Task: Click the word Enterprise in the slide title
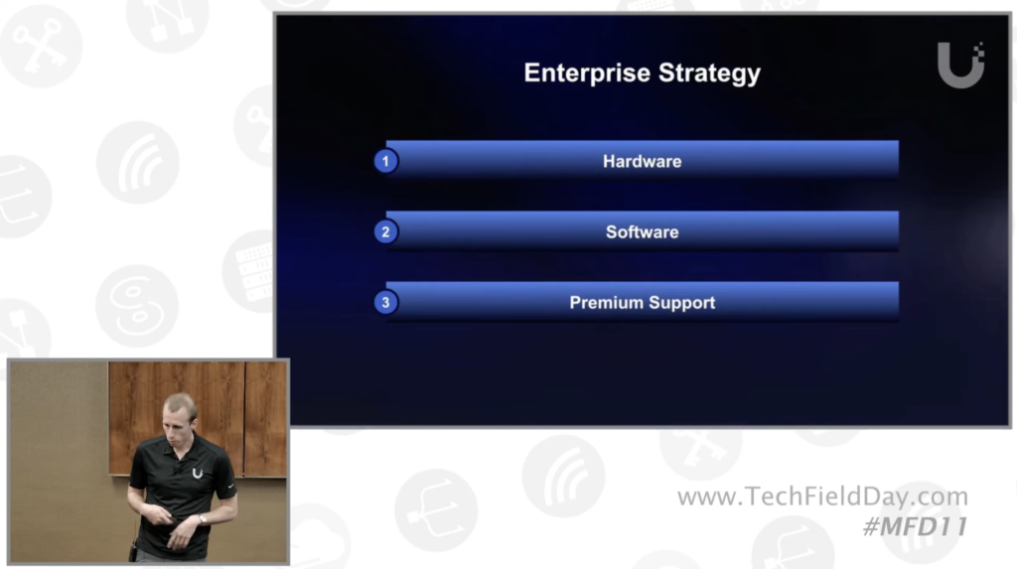point(586,73)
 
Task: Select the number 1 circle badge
point(386,161)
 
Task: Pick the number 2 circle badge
point(386,231)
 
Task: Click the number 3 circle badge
point(386,302)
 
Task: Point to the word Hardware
point(643,162)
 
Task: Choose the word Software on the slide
point(643,232)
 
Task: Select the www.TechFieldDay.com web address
point(822,497)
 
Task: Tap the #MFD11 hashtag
point(915,526)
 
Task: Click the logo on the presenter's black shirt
point(198,474)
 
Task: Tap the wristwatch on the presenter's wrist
point(203,519)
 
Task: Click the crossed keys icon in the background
point(40,44)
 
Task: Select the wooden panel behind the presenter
point(198,418)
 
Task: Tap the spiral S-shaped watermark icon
point(137,306)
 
